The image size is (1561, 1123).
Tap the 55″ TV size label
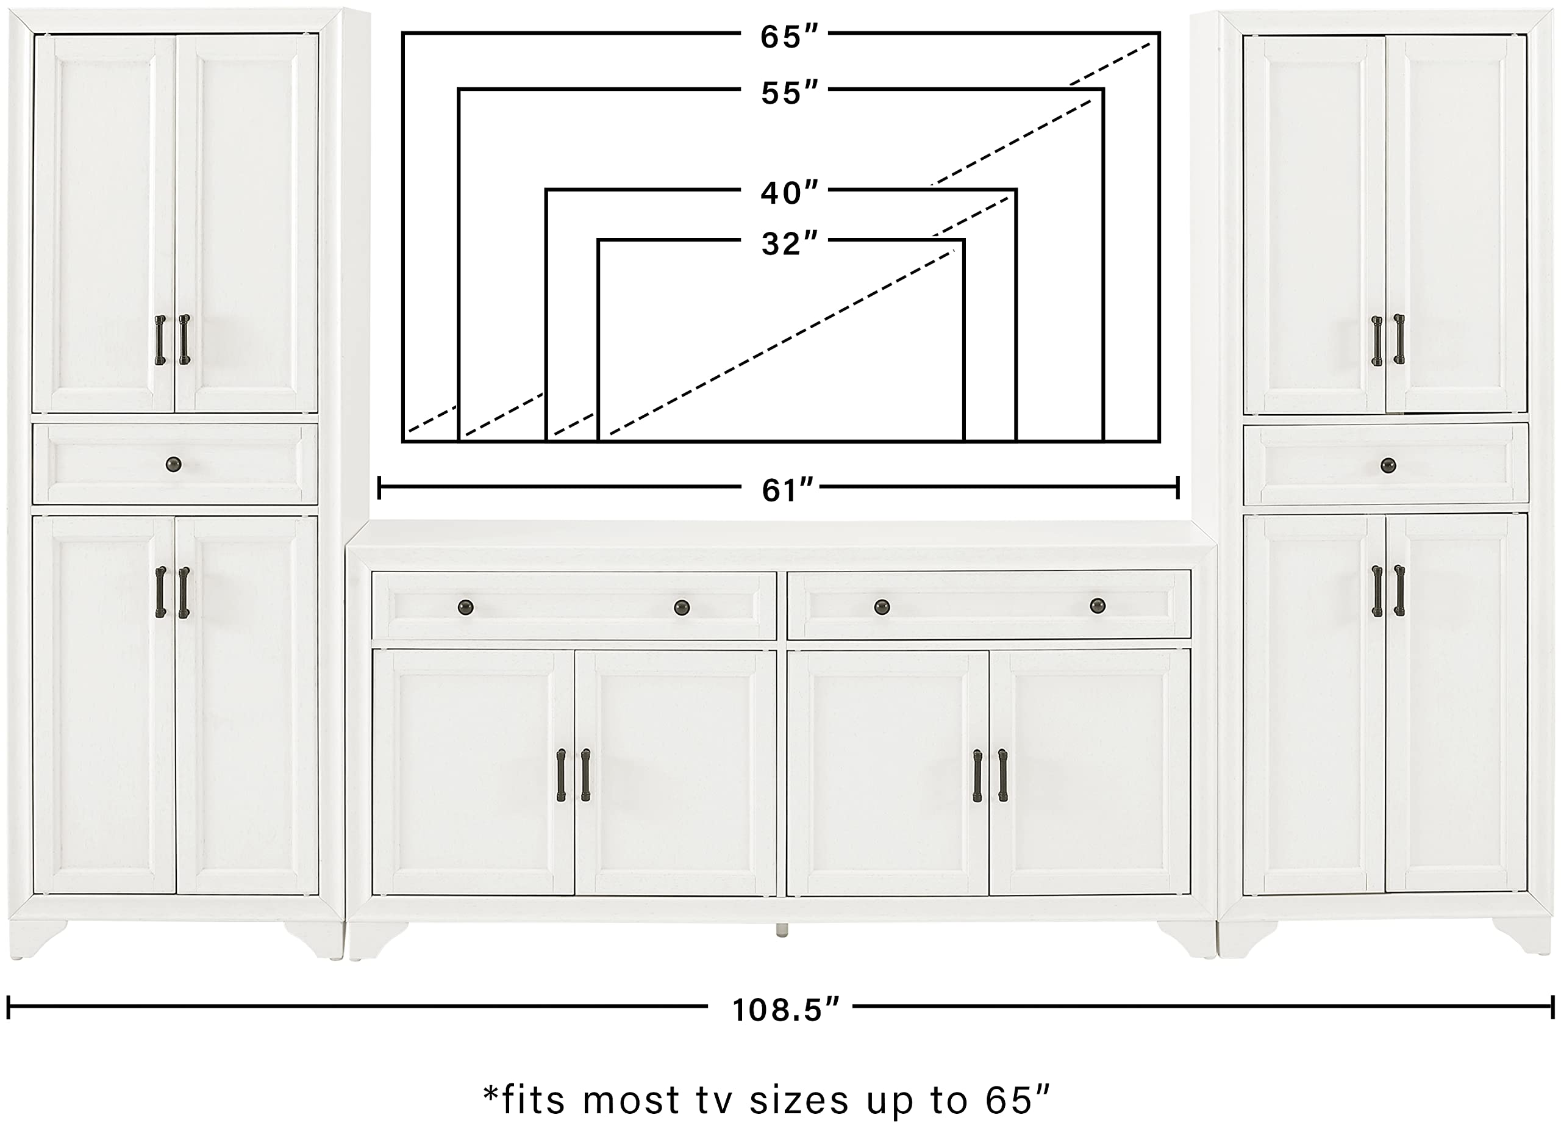(x=789, y=92)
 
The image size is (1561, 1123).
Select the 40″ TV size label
(x=789, y=193)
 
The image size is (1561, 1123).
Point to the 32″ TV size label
(x=789, y=244)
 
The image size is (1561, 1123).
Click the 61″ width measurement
(x=787, y=490)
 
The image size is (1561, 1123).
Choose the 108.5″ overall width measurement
(x=785, y=1010)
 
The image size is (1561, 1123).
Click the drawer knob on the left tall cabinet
(x=173, y=465)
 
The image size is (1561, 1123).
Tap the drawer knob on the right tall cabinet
(x=1388, y=465)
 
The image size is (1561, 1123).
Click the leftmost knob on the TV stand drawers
(x=466, y=608)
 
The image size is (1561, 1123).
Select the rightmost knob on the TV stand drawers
(x=1098, y=606)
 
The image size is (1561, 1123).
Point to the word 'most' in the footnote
(x=630, y=1100)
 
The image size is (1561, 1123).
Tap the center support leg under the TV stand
(x=781, y=930)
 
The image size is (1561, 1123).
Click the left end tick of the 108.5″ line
(x=9, y=1006)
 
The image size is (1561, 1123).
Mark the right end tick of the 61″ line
(x=1177, y=487)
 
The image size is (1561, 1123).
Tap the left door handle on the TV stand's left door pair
(x=561, y=775)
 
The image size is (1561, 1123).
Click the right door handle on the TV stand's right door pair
(x=1003, y=775)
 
